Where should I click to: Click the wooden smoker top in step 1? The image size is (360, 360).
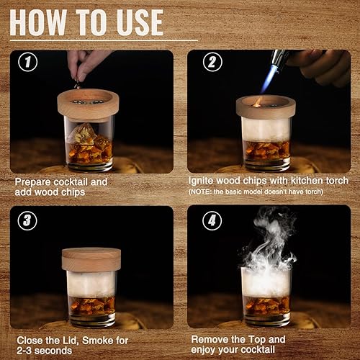coord(90,103)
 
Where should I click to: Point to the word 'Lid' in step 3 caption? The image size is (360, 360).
coord(75,338)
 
